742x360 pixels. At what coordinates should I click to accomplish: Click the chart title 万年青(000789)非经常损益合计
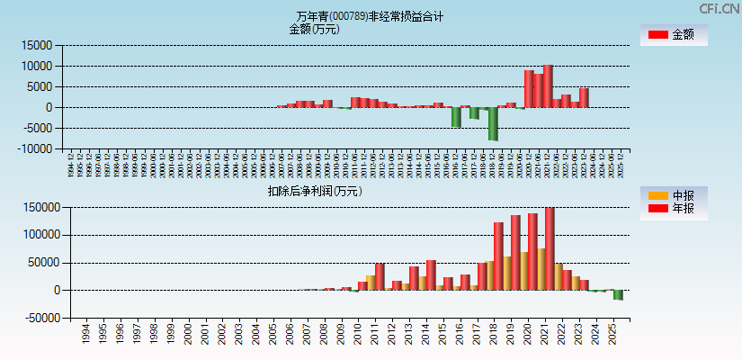(370, 16)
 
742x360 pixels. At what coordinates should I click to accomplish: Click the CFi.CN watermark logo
(720, 8)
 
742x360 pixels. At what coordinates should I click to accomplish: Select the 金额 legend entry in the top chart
(673, 35)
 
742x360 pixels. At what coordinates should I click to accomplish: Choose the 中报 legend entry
(673, 195)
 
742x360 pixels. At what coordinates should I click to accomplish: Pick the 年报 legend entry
(673, 209)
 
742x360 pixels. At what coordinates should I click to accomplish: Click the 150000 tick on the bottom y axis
(40, 208)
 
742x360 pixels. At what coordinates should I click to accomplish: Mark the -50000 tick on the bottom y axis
(40, 318)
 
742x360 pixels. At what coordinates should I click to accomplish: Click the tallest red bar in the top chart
(548, 85)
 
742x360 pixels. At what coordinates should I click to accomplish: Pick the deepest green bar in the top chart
(493, 123)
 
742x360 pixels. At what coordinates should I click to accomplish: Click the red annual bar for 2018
(498, 256)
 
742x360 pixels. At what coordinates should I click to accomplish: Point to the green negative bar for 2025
(618, 294)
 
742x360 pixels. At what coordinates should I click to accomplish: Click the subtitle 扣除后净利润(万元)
(314, 191)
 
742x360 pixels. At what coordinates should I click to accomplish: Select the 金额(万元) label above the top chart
(314, 29)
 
